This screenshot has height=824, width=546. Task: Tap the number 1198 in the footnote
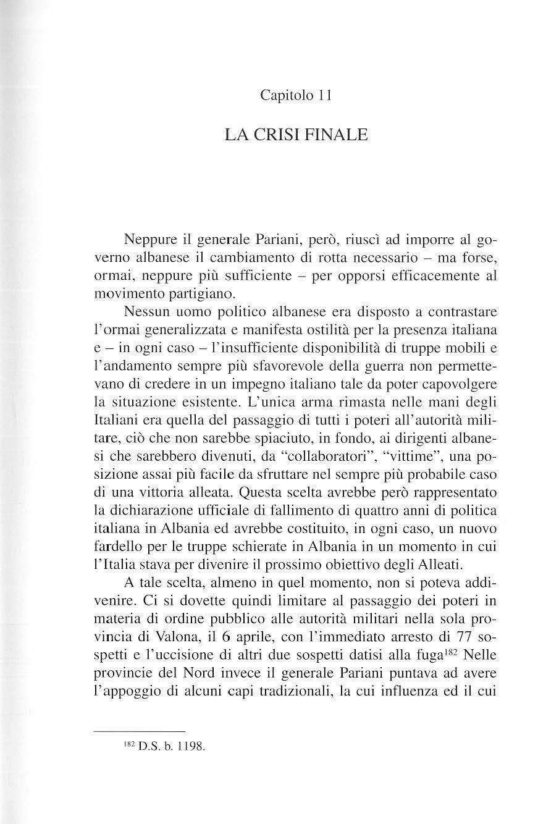coord(190,746)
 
